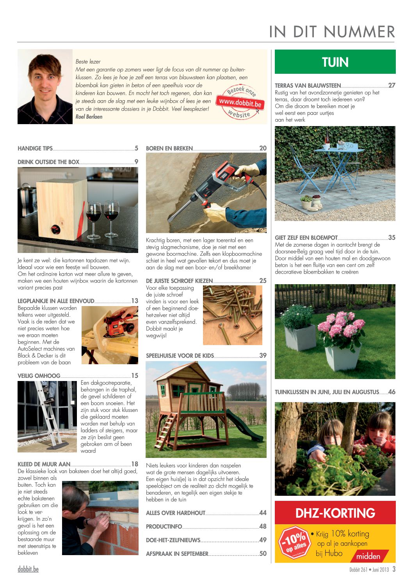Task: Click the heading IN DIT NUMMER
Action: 332,32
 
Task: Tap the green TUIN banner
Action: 335,62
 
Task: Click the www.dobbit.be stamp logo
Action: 239,103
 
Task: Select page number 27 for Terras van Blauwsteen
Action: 392,85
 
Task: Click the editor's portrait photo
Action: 45,87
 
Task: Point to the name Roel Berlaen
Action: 89,117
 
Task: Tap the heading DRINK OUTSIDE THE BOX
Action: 48,162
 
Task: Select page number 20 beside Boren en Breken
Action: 263,148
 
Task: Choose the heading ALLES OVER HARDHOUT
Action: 176,513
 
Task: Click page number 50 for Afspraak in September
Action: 263,554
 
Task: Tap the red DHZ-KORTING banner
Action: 335,513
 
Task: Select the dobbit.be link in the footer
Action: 28,569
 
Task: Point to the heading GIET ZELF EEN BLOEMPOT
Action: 306,238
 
